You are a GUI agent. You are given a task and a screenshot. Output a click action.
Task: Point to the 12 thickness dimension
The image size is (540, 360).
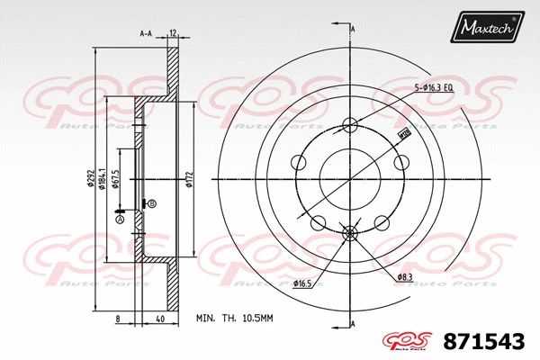click(x=171, y=33)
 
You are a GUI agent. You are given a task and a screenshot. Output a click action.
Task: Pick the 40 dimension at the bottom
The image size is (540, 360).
click(x=158, y=319)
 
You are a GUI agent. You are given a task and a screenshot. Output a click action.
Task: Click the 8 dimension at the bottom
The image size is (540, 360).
click(x=119, y=319)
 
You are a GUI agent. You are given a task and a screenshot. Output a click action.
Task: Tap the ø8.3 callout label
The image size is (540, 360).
click(x=405, y=277)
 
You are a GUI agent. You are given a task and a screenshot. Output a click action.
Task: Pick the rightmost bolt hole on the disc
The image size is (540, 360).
click(x=401, y=163)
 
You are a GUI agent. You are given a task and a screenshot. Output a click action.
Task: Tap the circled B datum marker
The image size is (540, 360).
click(x=152, y=204)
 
